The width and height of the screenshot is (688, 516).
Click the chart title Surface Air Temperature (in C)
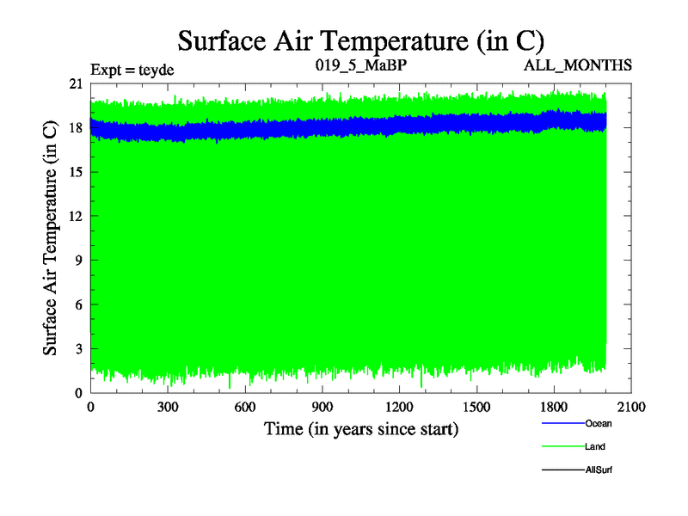pyautogui.click(x=361, y=40)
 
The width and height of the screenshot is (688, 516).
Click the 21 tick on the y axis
pyautogui.click(x=75, y=83)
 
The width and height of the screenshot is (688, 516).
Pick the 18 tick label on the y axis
pyautogui.click(x=75, y=128)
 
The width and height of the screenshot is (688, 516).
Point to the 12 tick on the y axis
pyautogui.click(x=75, y=217)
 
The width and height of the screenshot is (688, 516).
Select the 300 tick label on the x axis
pyautogui.click(x=168, y=408)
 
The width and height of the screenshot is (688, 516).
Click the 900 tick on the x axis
pyautogui.click(x=322, y=408)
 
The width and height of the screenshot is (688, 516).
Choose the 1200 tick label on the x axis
pyautogui.click(x=399, y=408)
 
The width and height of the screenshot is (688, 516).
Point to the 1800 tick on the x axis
pyautogui.click(x=554, y=408)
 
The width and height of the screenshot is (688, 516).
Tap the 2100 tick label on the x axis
pyautogui.click(x=631, y=408)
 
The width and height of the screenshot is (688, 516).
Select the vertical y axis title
pyautogui.click(x=52, y=238)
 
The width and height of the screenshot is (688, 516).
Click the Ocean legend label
pyautogui.click(x=599, y=423)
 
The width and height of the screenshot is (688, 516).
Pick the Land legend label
pyautogui.click(x=595, y=446)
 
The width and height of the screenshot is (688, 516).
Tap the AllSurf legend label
pyautogui.click(x=599, y=470)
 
